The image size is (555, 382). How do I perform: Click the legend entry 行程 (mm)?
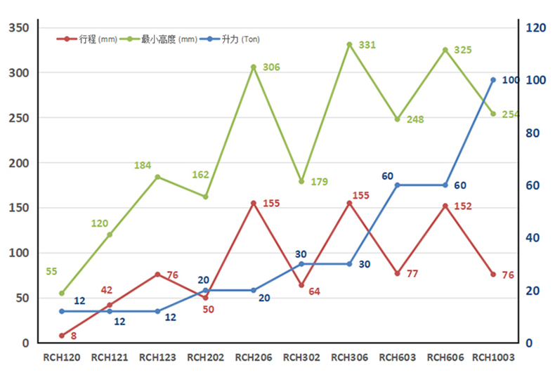[x=88, y=39]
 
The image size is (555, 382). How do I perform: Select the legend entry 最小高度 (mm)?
[x=160, y=39]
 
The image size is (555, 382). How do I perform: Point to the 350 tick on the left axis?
[x=19, y=28]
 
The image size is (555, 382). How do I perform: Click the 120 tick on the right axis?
[x=536, y=28]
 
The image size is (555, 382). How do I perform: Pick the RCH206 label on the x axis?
[x=253, y=357]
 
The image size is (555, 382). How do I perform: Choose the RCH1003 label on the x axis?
[x=493, y=357]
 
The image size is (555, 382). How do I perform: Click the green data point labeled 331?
[x=349, y=45]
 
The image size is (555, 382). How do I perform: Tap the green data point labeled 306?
[x=254, y=67]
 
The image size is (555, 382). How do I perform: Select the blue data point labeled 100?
[x=493, y=80]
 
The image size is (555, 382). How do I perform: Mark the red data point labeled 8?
[x=62, y=336]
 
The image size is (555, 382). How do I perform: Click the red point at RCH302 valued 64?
[x=301, y=285]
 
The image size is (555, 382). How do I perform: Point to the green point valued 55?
[x=62, y=293]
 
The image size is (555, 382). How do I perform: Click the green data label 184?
[x=143, y=166]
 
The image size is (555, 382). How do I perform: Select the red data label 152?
[x=463, y=206]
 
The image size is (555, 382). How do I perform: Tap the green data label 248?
[x=415, y=120]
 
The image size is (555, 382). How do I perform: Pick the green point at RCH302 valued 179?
[x=301, y=182]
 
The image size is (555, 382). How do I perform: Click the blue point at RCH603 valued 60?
[x=397, y=185]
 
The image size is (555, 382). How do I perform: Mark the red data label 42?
[x=107, y=290]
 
